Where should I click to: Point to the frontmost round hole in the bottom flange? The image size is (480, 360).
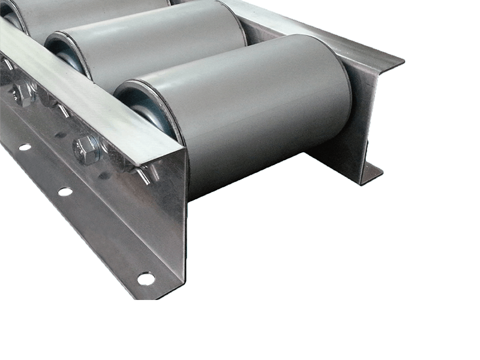click(x=145, y=277)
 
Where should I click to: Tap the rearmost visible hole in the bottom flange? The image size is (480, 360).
click(x=24, y=146)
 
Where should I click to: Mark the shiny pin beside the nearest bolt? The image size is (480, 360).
click(x=144, y=174)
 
